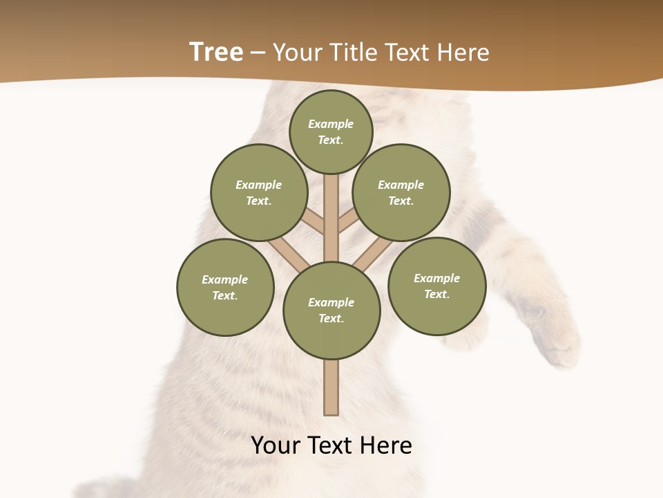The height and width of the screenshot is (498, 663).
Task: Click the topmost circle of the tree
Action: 331,131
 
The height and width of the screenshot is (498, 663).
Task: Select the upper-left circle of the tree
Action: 259,192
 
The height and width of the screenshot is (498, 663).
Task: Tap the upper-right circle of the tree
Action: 401,192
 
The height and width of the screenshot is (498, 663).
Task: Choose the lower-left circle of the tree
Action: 225,287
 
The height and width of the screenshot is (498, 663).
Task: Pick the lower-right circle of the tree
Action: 436,286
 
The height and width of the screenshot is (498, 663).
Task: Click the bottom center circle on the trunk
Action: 331,311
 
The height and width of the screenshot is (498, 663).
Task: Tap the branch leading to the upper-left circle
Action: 314,222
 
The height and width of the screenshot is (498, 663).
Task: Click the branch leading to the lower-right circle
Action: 373,255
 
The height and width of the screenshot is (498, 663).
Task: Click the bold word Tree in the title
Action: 216,52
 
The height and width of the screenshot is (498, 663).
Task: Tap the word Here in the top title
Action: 463,53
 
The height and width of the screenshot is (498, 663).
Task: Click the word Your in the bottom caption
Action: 276,445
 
